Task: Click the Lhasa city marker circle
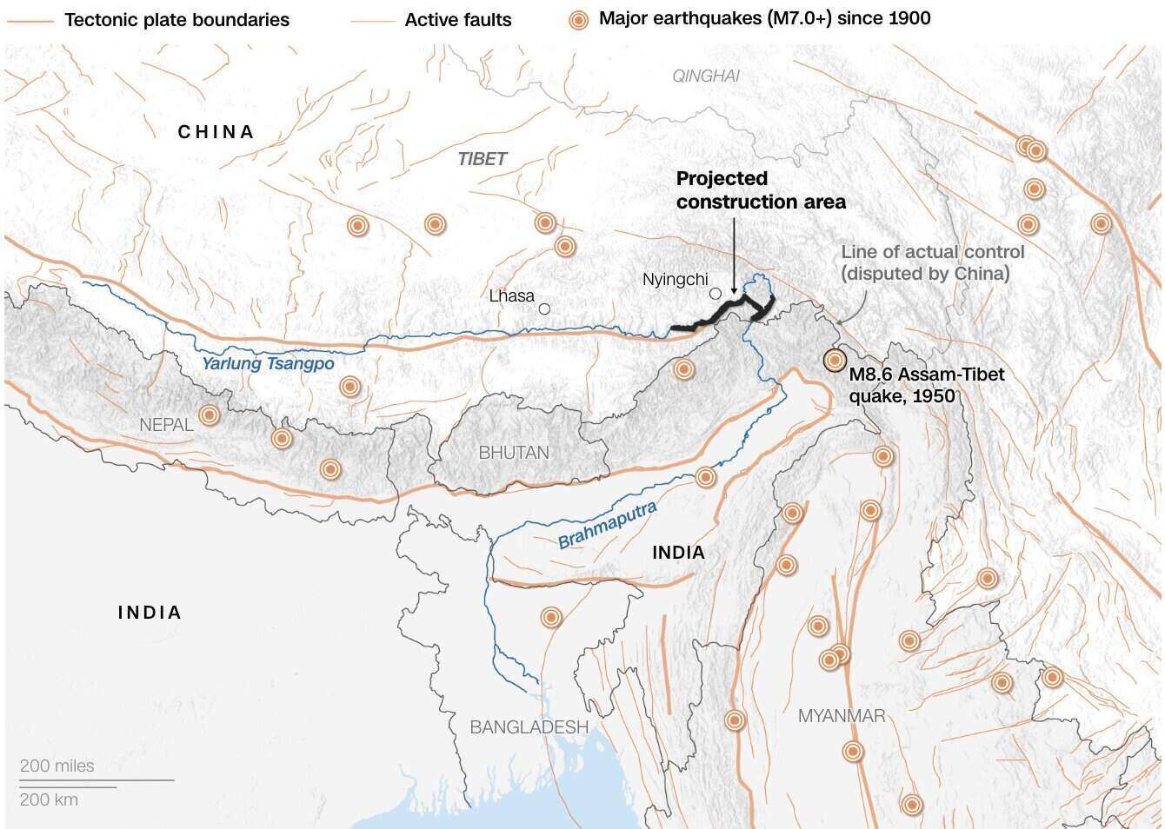[544, 308]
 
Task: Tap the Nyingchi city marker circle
[716, 294]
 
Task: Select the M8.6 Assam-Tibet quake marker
[834, 359]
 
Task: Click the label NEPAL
[167, 425]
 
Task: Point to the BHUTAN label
[514, 453]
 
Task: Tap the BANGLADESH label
[529, 727]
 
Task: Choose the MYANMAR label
[842, 716]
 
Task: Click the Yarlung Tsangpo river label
[268, 363]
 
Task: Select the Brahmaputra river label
[607, 526]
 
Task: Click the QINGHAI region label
[706, 76]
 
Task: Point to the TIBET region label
[482, 159]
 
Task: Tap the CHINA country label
[216, 132]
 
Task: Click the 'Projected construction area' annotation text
[760, 190]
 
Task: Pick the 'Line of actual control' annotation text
[932, 262]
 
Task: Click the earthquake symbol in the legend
[577, 19]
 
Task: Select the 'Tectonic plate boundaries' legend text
[176, 19]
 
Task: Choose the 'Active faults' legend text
[458, 19]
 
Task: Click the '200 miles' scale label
[57, 766]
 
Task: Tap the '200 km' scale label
[49, 799]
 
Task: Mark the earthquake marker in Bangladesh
[551, 617]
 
